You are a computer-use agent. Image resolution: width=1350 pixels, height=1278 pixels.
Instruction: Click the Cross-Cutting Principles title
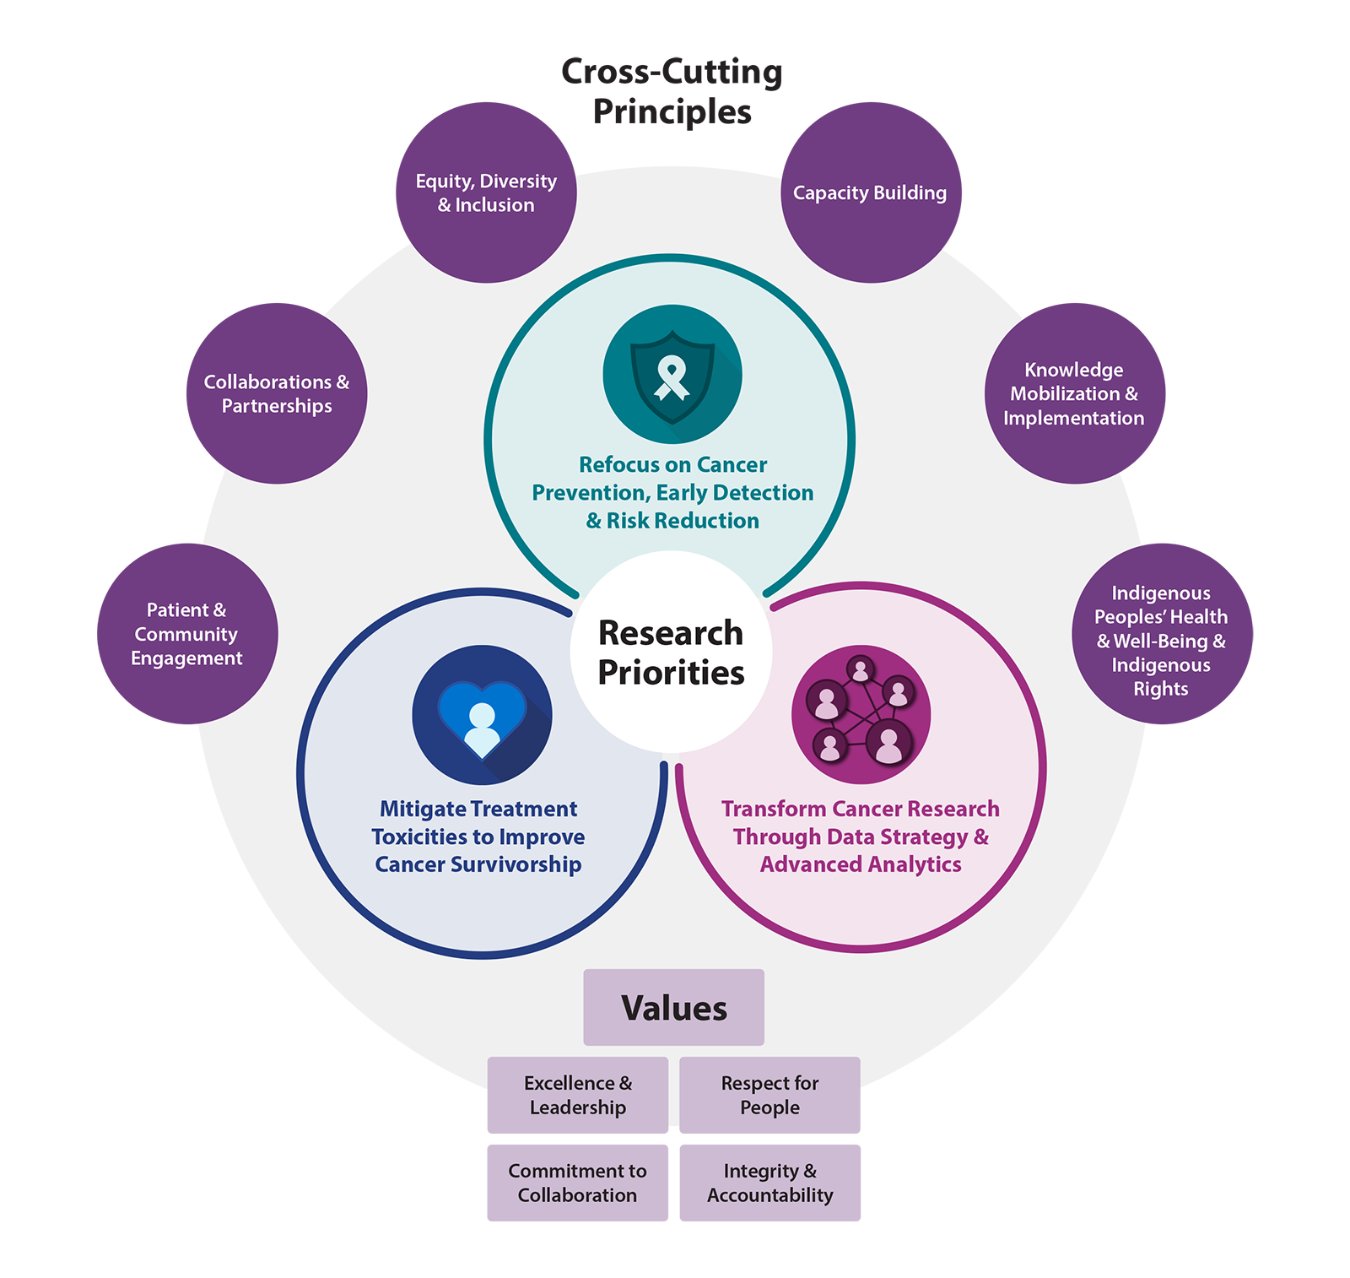(x=672, y=91)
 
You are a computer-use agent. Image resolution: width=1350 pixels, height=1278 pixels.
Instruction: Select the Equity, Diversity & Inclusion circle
(x=486, y=193)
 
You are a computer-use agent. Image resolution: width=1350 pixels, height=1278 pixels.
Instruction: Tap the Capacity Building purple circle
(x=870, y=193)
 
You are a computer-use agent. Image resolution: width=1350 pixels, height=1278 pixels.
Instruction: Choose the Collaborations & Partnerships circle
(x=277, y=393)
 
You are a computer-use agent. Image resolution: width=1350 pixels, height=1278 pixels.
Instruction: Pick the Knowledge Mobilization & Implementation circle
(x=1074, y=393)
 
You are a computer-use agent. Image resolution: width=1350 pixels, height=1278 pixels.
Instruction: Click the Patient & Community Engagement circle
(x=186, y=634)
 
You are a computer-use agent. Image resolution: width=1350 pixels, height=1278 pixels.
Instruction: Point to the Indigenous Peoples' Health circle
(x=1161, y=634)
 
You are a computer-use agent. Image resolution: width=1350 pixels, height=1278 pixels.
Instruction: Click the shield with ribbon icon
(x=672, y=375)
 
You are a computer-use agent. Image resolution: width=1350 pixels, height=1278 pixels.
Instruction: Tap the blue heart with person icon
(x=482, y=715)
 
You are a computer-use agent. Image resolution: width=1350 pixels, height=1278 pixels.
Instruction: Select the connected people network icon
(x=861, y=715)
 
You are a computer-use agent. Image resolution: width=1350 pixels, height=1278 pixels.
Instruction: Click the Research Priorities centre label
(x=671, y=653)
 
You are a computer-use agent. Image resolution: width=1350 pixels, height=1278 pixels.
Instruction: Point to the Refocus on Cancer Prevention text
(x=672, y=493)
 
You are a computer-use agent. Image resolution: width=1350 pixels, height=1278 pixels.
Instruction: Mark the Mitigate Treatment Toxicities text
(x=478, y=837)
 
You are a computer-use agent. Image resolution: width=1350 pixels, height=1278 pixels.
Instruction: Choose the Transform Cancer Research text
(x=861, y=837)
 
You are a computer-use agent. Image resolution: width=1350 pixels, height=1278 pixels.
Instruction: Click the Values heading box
(x=673, y=1008)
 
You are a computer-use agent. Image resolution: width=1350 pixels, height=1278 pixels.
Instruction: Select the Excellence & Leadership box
(x=577, y=1095)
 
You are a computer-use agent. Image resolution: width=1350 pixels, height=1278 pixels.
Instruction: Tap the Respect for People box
(x=769, y=1095)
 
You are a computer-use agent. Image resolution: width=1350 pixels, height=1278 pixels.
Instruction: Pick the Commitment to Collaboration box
(x=577, y=1183)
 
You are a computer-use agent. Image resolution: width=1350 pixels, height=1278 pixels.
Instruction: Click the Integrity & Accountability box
(x=769, y=1183)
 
